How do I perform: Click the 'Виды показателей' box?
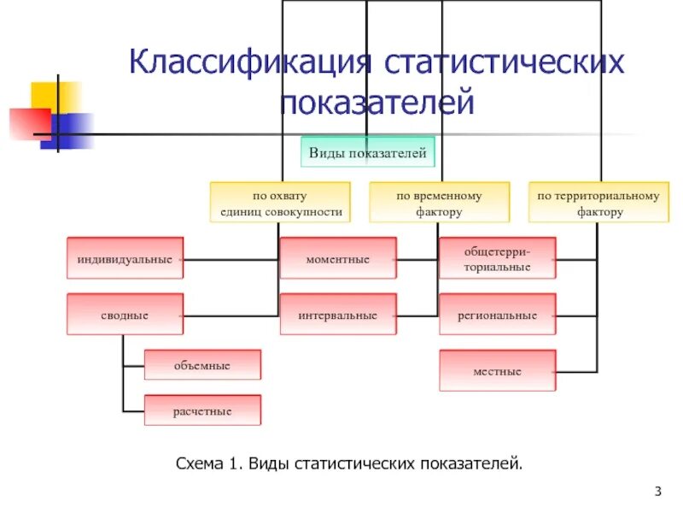[366, 154]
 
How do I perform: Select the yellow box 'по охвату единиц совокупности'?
[280, 203]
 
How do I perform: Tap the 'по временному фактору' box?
[439, 203]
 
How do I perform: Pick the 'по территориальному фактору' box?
[598, 203]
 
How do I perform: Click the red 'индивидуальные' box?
[126, 258]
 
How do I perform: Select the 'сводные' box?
[126, 315]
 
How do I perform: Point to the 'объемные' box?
[202, 365]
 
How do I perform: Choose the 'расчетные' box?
[202, 410]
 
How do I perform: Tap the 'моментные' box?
[338, 258]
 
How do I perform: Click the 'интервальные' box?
[338, 315]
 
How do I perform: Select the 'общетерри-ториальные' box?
[497, 258]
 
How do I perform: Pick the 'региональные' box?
[497, 315]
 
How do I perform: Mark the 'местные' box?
[497, 371]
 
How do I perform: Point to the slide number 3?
[658, 491]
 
